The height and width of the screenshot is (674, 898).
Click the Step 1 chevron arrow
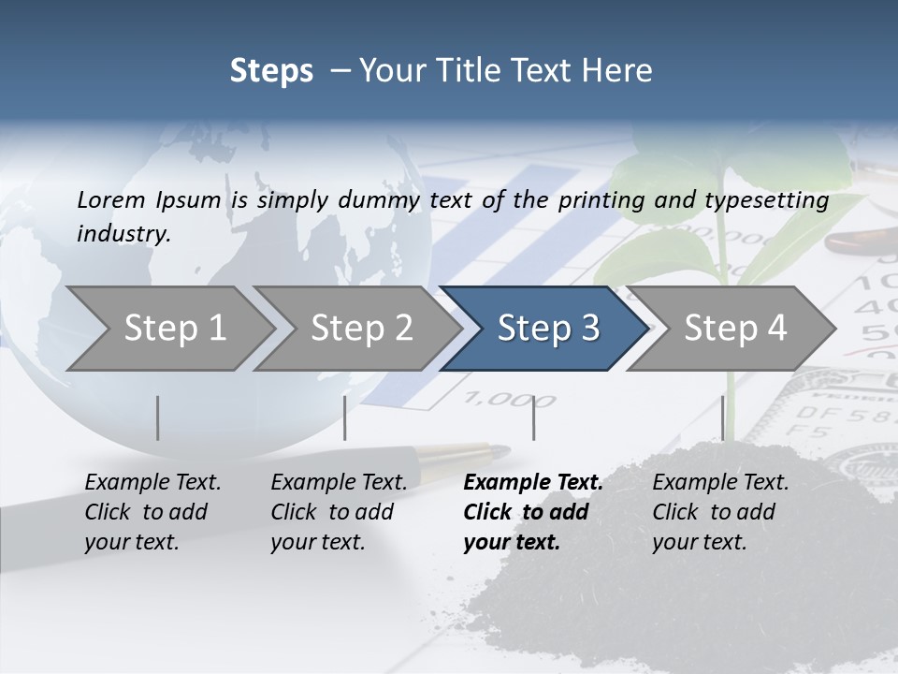point(168,329)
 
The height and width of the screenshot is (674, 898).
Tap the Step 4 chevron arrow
point(732,329)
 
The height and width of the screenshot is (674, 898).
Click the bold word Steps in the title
point(271,71)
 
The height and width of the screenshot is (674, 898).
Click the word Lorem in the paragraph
point(110,199)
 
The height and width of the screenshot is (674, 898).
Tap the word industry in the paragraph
point(123,234)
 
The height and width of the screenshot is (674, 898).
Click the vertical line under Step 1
point(158,418)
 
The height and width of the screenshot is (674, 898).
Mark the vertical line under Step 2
point(345,418)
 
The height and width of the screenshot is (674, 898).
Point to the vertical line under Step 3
point(534,418)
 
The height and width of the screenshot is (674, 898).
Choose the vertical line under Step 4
point(722,418)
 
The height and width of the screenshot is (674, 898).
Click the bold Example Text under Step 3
point(533,483)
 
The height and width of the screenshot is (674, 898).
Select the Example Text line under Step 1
point(152,483)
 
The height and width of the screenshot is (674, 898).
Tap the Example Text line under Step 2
point(339,483)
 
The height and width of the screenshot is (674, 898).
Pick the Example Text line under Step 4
point(720,483)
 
